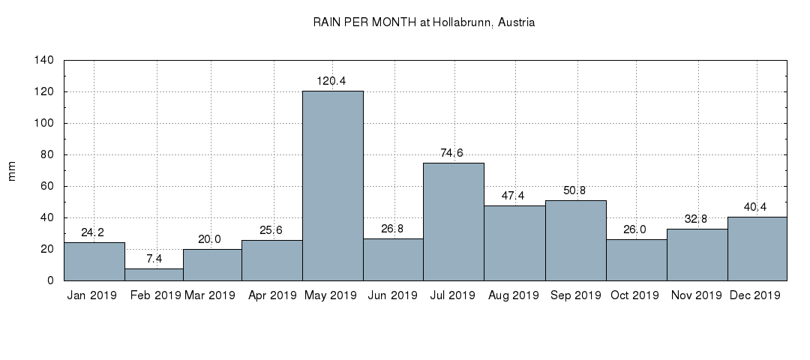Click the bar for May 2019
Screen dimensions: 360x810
(332, 185)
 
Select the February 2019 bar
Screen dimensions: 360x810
(154, 274)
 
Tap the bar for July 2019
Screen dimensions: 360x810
(454, 221)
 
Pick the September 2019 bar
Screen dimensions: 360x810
(575, 240)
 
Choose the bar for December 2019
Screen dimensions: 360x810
(757, 248)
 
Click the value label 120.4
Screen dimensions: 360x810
(332, 81)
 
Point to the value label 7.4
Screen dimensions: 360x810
(154, 259)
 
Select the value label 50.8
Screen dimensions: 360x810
(575, 190)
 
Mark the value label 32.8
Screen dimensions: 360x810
(697, 219)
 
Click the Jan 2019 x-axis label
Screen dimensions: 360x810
(92, 295)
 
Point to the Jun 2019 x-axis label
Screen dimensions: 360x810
(393, 295)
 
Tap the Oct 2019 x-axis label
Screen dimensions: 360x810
(636, 295)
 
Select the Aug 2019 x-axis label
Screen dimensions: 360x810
(514, 295)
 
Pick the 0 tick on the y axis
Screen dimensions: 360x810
(49, 280)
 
